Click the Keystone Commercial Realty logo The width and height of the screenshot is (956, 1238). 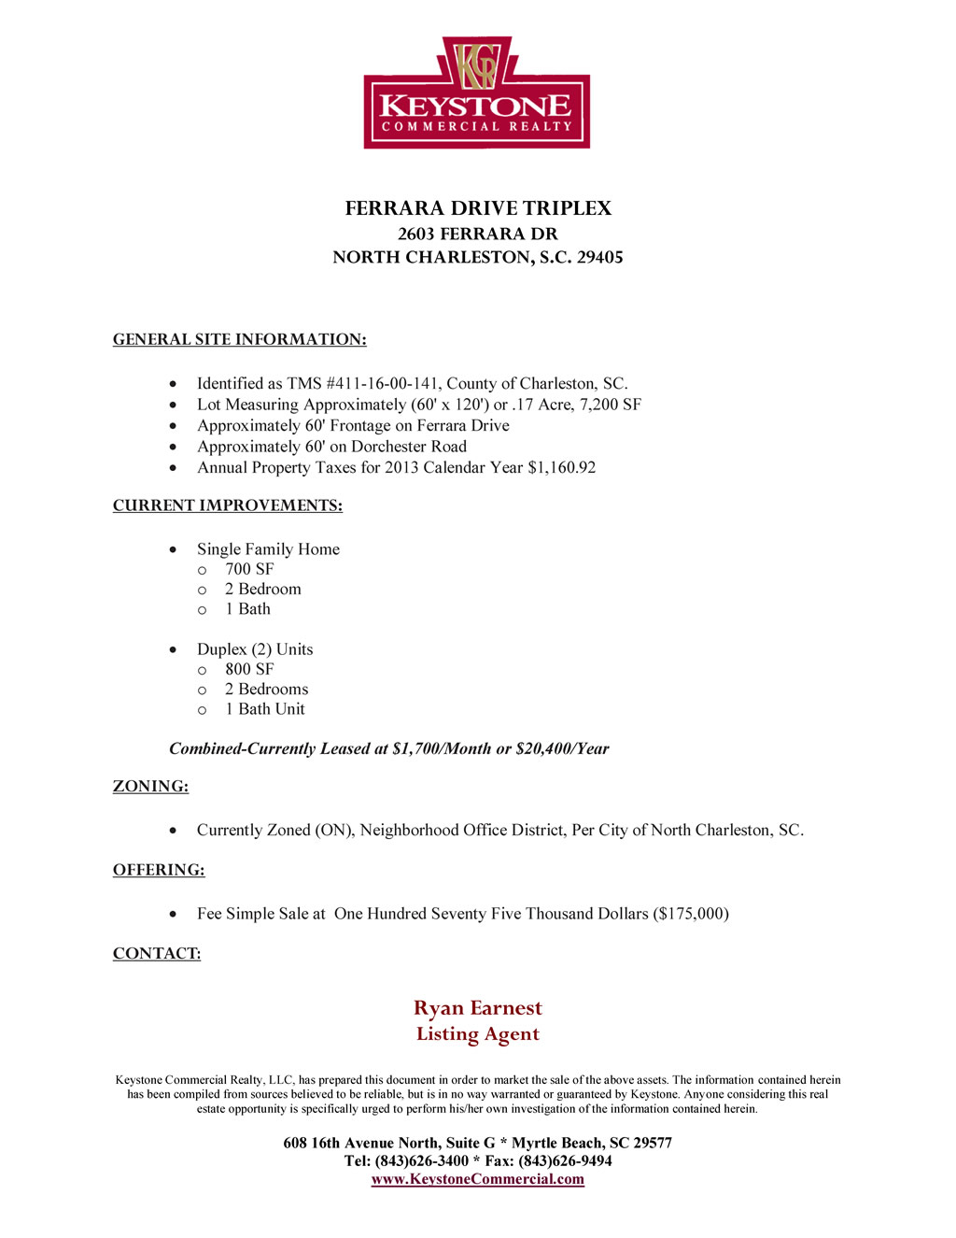point(477,93)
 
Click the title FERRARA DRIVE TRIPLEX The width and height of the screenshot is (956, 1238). point(478,208)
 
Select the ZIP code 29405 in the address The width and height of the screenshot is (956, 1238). point(599,258)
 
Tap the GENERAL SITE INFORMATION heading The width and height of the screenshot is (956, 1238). point(239,340)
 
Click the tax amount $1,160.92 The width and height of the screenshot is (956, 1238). point(561,468)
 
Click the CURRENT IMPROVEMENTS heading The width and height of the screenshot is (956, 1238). point(227,506)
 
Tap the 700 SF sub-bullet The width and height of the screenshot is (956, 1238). point(249,569)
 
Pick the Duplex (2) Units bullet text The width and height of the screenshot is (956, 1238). point(255,649)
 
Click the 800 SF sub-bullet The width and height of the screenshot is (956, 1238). point(249,669)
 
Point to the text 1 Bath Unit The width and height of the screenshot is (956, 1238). point(265,709)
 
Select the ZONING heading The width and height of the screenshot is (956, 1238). point(150,787)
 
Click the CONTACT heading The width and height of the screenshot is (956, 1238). point(156,954)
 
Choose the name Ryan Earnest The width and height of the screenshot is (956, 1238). point(477,1008)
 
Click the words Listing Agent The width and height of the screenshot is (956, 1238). point(477,1034)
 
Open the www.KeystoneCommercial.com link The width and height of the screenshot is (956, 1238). point(477,1179)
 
